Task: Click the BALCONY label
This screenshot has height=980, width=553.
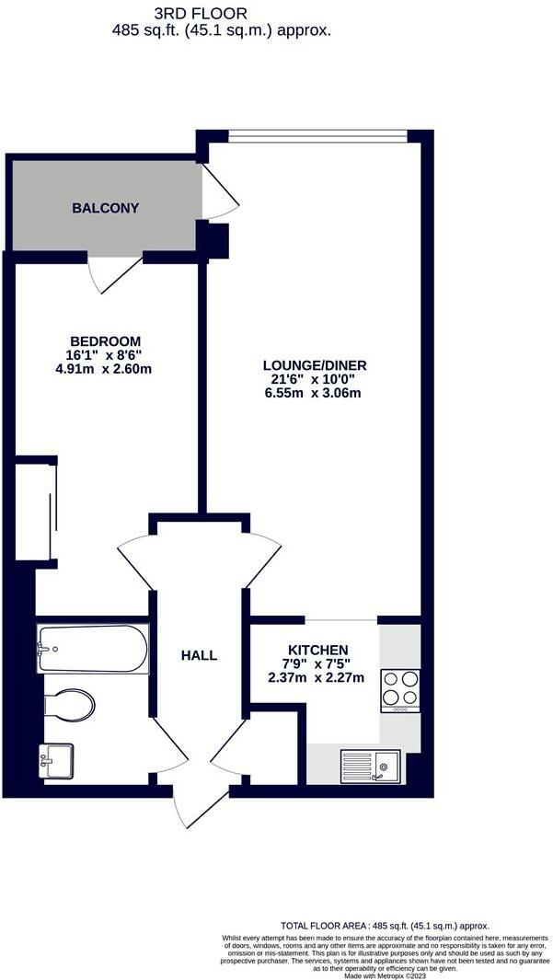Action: click(106, 208)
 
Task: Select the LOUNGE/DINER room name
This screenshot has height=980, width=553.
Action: click(315, 364)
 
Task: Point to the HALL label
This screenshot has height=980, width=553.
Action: click(199, 655)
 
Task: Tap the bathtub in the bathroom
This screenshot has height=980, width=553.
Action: click(92, 649)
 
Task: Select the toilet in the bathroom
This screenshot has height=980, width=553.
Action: click(70, 707)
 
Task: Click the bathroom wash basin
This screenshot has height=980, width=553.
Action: click(56, 761)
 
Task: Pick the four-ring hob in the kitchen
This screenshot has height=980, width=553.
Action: click(400, 690)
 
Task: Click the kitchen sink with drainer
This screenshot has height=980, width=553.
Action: click(370, 766)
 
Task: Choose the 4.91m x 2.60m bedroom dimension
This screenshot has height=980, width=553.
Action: click(103, 370)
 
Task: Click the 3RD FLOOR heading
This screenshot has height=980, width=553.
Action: click(214, 14)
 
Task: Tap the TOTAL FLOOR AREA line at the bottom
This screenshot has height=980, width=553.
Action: click(385, 926)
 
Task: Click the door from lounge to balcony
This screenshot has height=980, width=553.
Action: click(219, 193)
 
